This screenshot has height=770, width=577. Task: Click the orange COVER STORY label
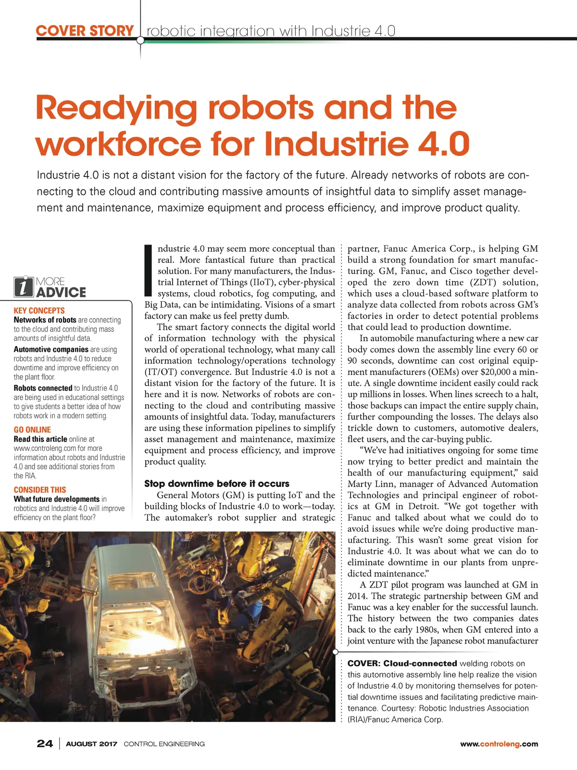pos(85,31)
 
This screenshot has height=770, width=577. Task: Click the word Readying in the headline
pos(116,108)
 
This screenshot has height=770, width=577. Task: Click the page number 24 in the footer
pos(45,744)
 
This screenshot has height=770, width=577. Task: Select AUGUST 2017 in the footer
pos(91,744)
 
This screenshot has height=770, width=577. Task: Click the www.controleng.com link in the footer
pos(499,744)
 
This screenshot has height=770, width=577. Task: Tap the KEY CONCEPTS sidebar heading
pos(39,311)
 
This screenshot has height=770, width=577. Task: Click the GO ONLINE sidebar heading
pos(32,430)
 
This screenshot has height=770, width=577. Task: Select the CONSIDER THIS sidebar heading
pos(40,490)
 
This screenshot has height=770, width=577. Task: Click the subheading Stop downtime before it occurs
pos(217,484)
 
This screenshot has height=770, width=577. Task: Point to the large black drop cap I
pos(148,270)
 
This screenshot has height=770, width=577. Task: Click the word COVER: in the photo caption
pos(364,664)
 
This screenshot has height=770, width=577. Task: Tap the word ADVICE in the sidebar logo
pos(61,292)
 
